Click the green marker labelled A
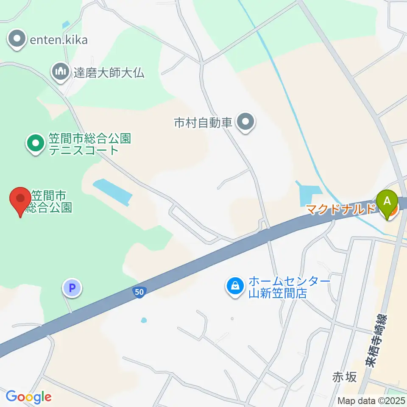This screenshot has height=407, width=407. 387,201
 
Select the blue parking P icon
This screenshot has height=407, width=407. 72,289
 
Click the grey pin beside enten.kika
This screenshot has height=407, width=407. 17,39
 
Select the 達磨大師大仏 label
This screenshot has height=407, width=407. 109,72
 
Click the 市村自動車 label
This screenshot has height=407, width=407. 203,123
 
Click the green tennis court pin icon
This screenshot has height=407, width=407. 36,143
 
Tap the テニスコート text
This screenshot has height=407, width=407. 83,150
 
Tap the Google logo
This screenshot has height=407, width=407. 28,397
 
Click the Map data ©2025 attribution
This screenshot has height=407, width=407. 371,400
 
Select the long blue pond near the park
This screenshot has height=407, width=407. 112,192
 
